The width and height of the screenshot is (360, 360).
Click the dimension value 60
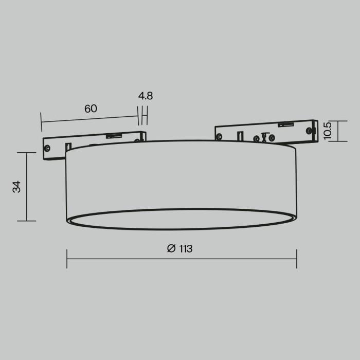(x=91, y=109)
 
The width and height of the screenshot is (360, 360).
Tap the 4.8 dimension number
(x=146, y=96)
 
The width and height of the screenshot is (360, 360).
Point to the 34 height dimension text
(x=17, y=187)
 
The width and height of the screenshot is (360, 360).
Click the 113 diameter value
(x=185, y=249)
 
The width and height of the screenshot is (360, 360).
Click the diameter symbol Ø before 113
(x=171, y=249)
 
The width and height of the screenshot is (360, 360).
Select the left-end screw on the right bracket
(x=220, y=137)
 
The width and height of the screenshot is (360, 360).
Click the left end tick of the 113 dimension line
(x=67, y=259)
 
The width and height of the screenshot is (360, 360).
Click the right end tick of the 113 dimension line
(x=297, y=259)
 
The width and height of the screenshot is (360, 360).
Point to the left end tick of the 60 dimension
(x=41, y=121)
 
